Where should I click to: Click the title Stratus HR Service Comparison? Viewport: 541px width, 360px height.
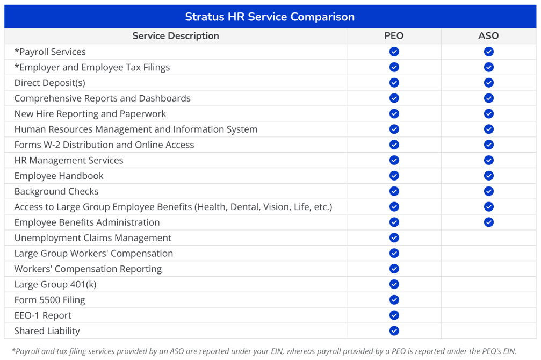(x=270, y=17)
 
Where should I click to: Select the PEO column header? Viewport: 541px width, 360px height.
(x=394, y=36)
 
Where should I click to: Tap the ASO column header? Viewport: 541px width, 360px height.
(x=488, y=36)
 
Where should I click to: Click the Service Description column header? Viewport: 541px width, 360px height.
(x=176, y=36)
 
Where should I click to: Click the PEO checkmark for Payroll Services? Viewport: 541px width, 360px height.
(x=394, y=52)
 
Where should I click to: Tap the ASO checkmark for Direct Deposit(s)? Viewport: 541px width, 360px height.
(x=488, y=83)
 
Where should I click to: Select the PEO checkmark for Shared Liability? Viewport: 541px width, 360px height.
(x=394, y=331)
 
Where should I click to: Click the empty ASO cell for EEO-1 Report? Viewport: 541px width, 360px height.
(x=488, y=315)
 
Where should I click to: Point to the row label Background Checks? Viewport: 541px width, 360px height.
(x=56, y=191)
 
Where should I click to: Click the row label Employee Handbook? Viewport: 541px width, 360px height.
(x=59, y=176)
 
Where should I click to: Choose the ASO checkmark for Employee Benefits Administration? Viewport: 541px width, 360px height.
(x=488, y=222)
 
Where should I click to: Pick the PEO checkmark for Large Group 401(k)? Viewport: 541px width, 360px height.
(x=394, y=284)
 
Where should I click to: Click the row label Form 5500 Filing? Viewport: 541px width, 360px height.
(x=49, y=300)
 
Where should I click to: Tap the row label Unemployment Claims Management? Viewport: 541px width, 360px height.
(x=93, y=238)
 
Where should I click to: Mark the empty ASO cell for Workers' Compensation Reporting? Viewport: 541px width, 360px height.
(x=488, y=269)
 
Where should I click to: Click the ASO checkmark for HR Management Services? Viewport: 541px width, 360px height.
(x=488, y=160)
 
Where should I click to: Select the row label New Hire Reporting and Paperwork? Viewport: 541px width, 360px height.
(x=90, y=114)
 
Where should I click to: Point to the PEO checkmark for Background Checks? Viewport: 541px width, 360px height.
(x=394, y=191)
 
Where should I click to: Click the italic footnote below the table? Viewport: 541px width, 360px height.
(x=263, y=351)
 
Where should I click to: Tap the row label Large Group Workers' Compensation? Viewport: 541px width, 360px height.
(x=93, y=254)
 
